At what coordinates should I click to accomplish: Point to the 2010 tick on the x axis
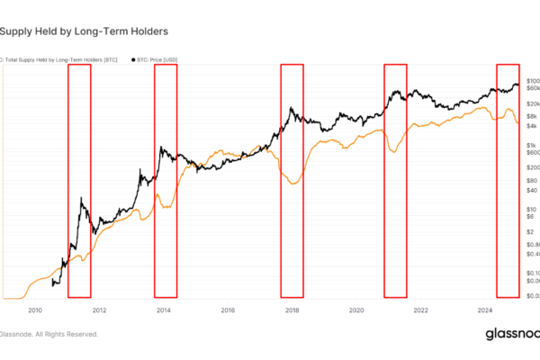click(x=35, y=310)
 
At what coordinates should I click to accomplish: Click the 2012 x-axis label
click(x=99, y=310)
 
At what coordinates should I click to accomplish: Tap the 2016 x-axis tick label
click(x=228, y=310)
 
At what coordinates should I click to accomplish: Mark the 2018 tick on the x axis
click(x=292, y=310)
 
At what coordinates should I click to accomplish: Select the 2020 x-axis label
click(x=356, y=310)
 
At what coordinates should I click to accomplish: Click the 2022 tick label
click(x=420, y=310)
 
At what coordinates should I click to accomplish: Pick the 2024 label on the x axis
click(x=484, y=310)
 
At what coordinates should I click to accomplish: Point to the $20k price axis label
click(x=532, y=103)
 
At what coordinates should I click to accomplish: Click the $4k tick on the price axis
click(x=531, y=126)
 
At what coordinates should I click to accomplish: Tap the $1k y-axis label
click(x=531, y=145)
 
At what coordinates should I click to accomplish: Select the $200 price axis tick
click(x=531, y=167)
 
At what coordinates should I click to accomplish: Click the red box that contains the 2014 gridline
click(x=166, y=180)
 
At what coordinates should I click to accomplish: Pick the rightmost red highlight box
click(x=508, y=180)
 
